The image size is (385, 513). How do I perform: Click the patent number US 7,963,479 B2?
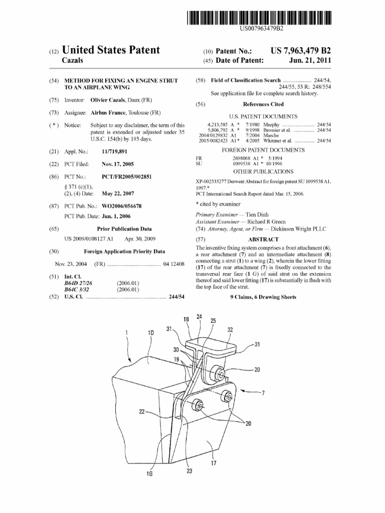(301, 52)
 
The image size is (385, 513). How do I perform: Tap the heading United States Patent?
(110, 50)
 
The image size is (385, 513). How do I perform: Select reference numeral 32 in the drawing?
(230, 330)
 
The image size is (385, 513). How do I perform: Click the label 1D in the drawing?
(151, 333)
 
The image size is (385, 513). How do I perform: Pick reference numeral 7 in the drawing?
(262, 393)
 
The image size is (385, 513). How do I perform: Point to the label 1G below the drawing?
(149, 474)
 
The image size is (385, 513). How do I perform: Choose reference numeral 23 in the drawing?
(189, 470)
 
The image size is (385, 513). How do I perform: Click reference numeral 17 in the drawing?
(214, 463)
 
